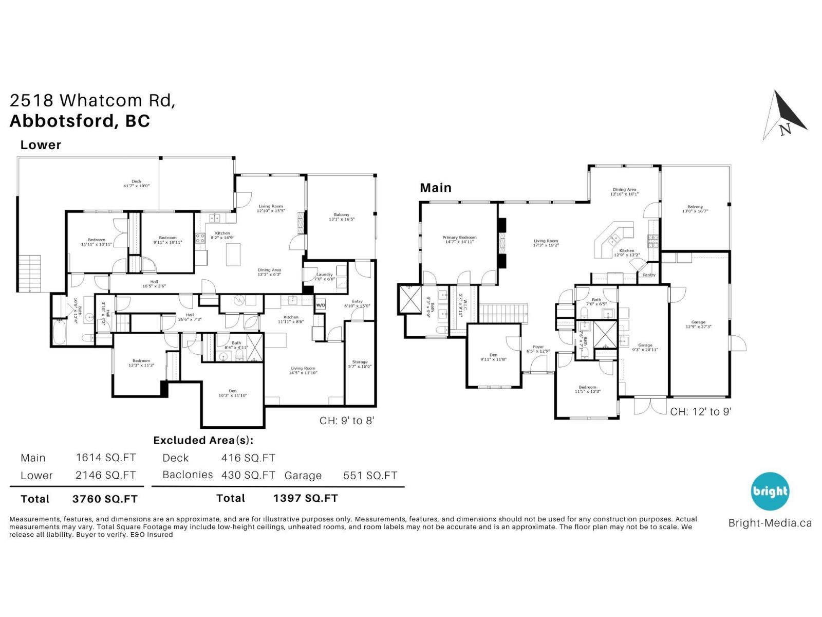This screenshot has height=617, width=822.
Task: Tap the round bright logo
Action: pos(770,491)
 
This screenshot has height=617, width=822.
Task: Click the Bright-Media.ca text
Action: pos(770,523)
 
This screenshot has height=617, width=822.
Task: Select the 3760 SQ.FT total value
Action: pos(105,499)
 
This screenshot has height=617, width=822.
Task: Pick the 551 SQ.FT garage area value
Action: pos(370,476)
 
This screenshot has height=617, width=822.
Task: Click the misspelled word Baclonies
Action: pos(188,475)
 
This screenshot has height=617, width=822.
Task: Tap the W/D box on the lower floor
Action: pos(320,305)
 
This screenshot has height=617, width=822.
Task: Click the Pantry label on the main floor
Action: pos(649,275)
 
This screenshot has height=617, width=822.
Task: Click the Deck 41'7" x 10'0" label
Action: pos(136,184)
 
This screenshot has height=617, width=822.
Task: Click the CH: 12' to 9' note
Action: pos(700,411)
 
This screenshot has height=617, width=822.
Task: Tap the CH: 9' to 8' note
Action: pos(347,421)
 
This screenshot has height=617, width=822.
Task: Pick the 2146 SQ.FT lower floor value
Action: pos(105,475)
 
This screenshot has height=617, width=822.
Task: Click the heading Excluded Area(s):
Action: pos(203,440)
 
